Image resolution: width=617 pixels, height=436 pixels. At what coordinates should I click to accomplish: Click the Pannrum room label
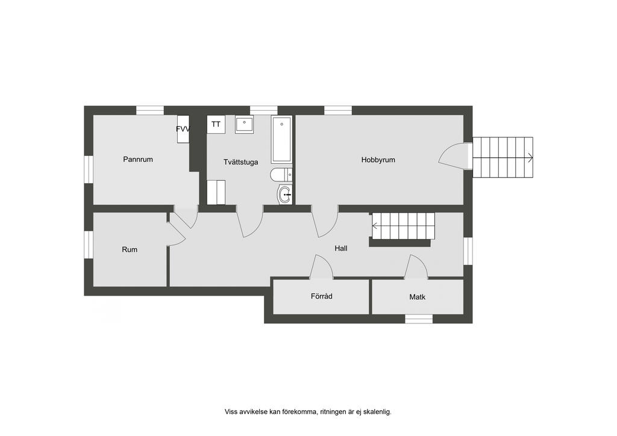coord(138,159)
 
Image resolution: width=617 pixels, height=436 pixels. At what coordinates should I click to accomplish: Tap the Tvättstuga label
coord(241,162)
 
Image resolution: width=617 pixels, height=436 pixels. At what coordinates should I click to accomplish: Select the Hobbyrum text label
coord(378,160)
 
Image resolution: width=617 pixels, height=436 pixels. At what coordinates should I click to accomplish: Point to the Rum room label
coord(130,250)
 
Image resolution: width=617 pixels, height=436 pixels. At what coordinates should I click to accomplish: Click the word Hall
coord(341,249)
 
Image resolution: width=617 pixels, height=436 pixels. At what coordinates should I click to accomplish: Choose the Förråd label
coord(322,296)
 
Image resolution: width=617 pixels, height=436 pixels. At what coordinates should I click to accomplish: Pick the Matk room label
coord(417,297)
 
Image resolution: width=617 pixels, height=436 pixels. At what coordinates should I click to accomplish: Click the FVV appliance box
coord(183,129)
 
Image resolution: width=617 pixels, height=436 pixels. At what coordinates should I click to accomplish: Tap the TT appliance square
coord(216,124)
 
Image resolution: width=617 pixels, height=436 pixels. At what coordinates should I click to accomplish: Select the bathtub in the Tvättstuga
coord(281,140)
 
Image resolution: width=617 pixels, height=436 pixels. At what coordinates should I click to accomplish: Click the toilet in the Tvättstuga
coord(281,175)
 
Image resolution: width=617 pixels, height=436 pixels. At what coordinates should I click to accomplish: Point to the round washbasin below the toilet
coord(285,195)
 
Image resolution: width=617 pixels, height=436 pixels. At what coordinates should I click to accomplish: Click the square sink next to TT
coord(245,124)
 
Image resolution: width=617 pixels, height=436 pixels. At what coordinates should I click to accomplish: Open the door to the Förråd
coord(322,267)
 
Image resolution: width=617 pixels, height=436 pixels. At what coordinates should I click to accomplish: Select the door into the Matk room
coord(416,267)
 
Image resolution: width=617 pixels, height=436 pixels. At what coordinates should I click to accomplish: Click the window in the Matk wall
coord(419,319)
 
